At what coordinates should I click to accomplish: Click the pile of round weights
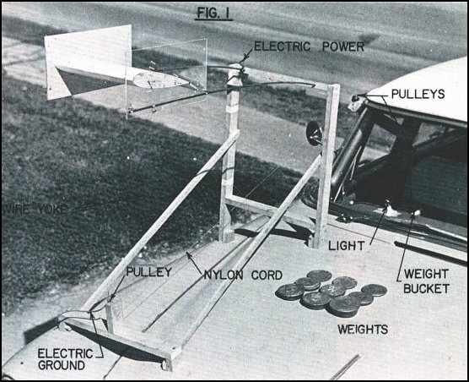(328, 292)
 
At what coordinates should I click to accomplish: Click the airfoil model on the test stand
(160, 82)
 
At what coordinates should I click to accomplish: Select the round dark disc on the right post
(314, 134)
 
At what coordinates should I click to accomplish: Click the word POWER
(343, 47)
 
